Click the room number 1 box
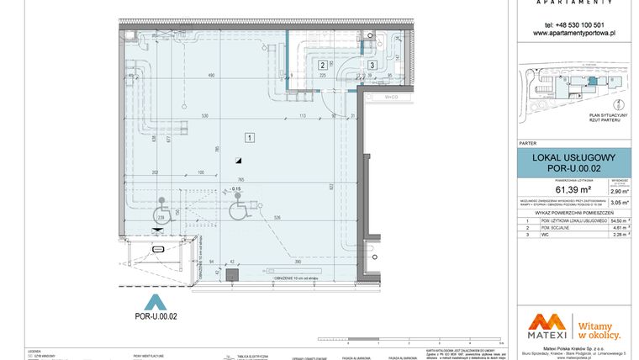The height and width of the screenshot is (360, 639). pyautogui.click(x=250, y=135)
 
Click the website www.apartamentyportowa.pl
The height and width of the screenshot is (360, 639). pyautogui.click(x=575, y=33)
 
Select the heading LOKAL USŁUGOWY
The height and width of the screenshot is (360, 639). pyautogui.click(x=574, y=157)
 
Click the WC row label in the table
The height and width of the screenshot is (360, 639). pyautogui.click(x=546, y=236)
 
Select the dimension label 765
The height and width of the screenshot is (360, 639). pyautogui.click(x=240, y=180)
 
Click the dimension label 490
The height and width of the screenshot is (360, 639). pyautogui.click(x=211, y=77)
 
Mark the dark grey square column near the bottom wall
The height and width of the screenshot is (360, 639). pyautogui.click(x=233, y=273)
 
